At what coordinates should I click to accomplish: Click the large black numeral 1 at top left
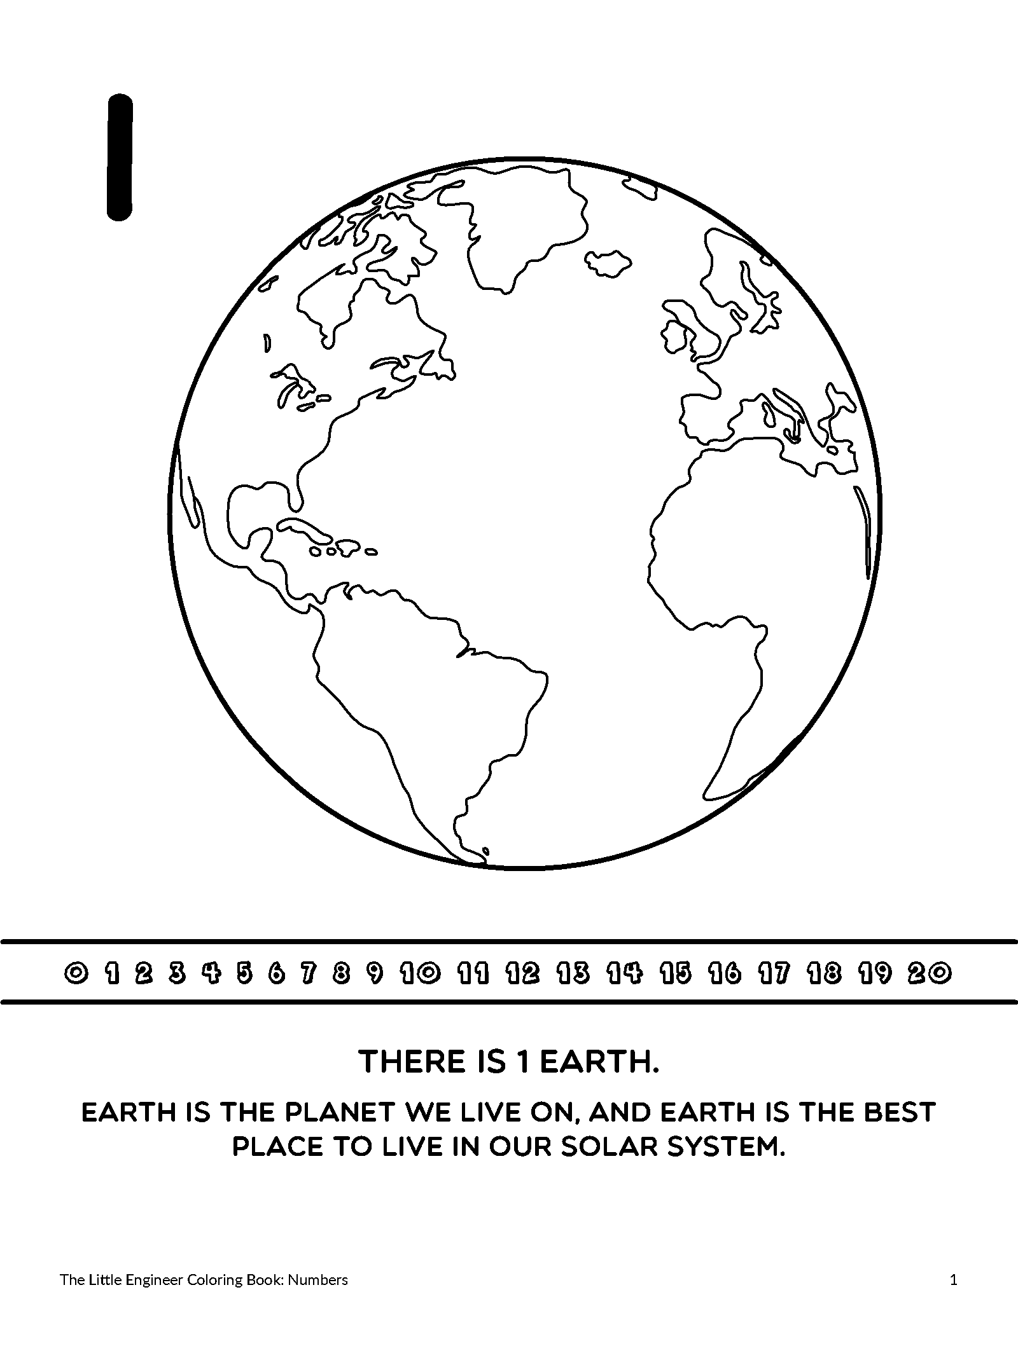click(120, 157)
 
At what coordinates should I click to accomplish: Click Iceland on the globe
click(608, 262)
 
